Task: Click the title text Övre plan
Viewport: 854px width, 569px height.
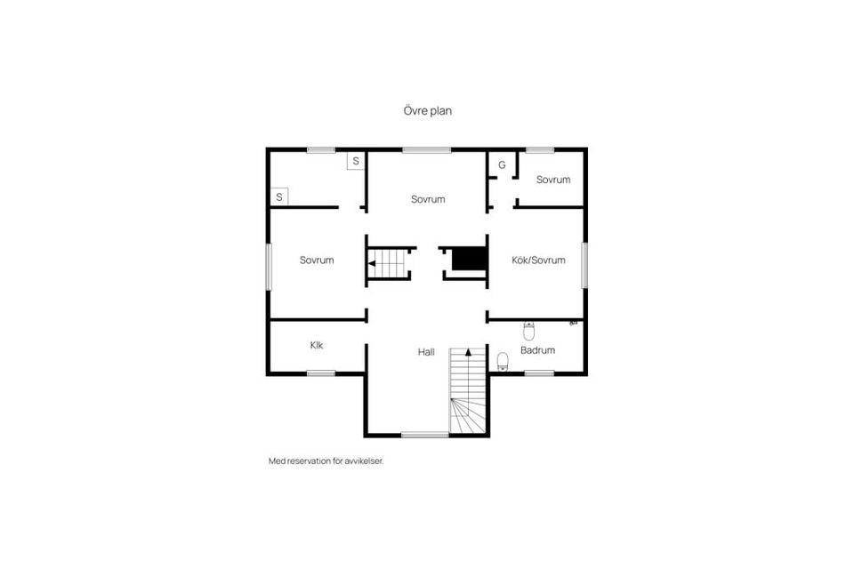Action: pyautogui.click(x=428, y=110)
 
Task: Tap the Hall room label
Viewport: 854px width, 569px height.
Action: pyautogui.click(x=426, y=352)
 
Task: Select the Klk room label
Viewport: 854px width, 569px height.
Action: pyautogui.click(x=317, y=345)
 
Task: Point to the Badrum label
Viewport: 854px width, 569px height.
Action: pyautogui.click(x=537, y=350)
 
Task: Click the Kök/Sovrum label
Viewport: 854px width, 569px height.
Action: pyautogui.click(x=538, y=260)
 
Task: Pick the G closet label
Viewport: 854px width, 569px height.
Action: pyautogui.click(x=502, y=165)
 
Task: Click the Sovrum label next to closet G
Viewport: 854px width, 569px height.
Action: pyautogui.click(x=552, y=180)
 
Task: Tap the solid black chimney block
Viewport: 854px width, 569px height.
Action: pyautogui.click(x=469, y=258)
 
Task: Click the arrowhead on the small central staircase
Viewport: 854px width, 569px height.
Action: pyautogui.click(x=372, y=263)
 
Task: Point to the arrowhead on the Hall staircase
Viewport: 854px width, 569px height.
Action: pyautogui.click(x=468, y=352)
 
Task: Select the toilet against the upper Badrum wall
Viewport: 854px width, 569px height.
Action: pyautogui.click(x=528, y=331)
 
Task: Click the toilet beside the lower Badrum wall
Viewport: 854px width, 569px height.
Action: pyautogui.click(x=503, y=361)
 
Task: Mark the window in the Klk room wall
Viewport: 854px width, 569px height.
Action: pyautogui.click(x=321, y=373)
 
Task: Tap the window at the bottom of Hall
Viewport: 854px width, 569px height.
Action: pyautogui.click(x=425, y=435)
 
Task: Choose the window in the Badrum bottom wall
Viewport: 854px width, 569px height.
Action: pyautogui.click(x=539, y=373)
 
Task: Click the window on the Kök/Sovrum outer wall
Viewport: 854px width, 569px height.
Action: pyautogui.click(x=585, y=265)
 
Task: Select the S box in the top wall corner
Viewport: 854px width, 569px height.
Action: pyautogui.click(x=356, y=161)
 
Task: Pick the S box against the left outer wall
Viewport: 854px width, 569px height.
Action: pyautogui.click(x=279, y=196)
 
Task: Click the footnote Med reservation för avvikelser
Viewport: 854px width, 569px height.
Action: pyautogui.click(x=326, y=461)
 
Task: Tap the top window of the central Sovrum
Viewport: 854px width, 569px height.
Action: pyautogui.click(x=426, y=149)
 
